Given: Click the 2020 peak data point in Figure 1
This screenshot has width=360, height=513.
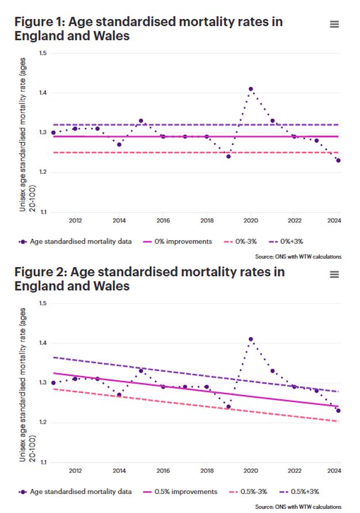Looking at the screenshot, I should coord(251,89).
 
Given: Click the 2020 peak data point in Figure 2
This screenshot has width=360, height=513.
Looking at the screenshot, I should coord(251,339).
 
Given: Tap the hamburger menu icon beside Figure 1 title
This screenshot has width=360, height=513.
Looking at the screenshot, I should coord(334,24).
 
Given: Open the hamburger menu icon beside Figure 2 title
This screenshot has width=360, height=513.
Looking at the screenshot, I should coord(334,275).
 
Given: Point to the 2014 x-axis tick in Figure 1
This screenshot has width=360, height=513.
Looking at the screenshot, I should coord(119,221).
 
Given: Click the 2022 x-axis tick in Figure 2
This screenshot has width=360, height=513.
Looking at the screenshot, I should coord(294,470).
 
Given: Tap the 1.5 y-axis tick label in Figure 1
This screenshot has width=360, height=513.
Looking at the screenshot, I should coord(43,54).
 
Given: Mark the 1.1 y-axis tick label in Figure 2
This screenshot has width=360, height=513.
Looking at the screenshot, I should coord(43,462).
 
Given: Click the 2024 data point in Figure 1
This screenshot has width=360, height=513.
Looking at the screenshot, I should coord(338,161).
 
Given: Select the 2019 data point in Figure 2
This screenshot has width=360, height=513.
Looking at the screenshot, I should coord(228,406).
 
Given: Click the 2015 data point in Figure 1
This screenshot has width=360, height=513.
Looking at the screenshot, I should coord(141,121).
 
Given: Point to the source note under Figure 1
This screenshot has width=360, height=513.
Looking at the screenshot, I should coord(298,256).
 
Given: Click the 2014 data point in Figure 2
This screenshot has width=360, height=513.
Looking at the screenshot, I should coord(119,394).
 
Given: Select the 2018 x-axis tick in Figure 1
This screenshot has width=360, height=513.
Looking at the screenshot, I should coord(207,221).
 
